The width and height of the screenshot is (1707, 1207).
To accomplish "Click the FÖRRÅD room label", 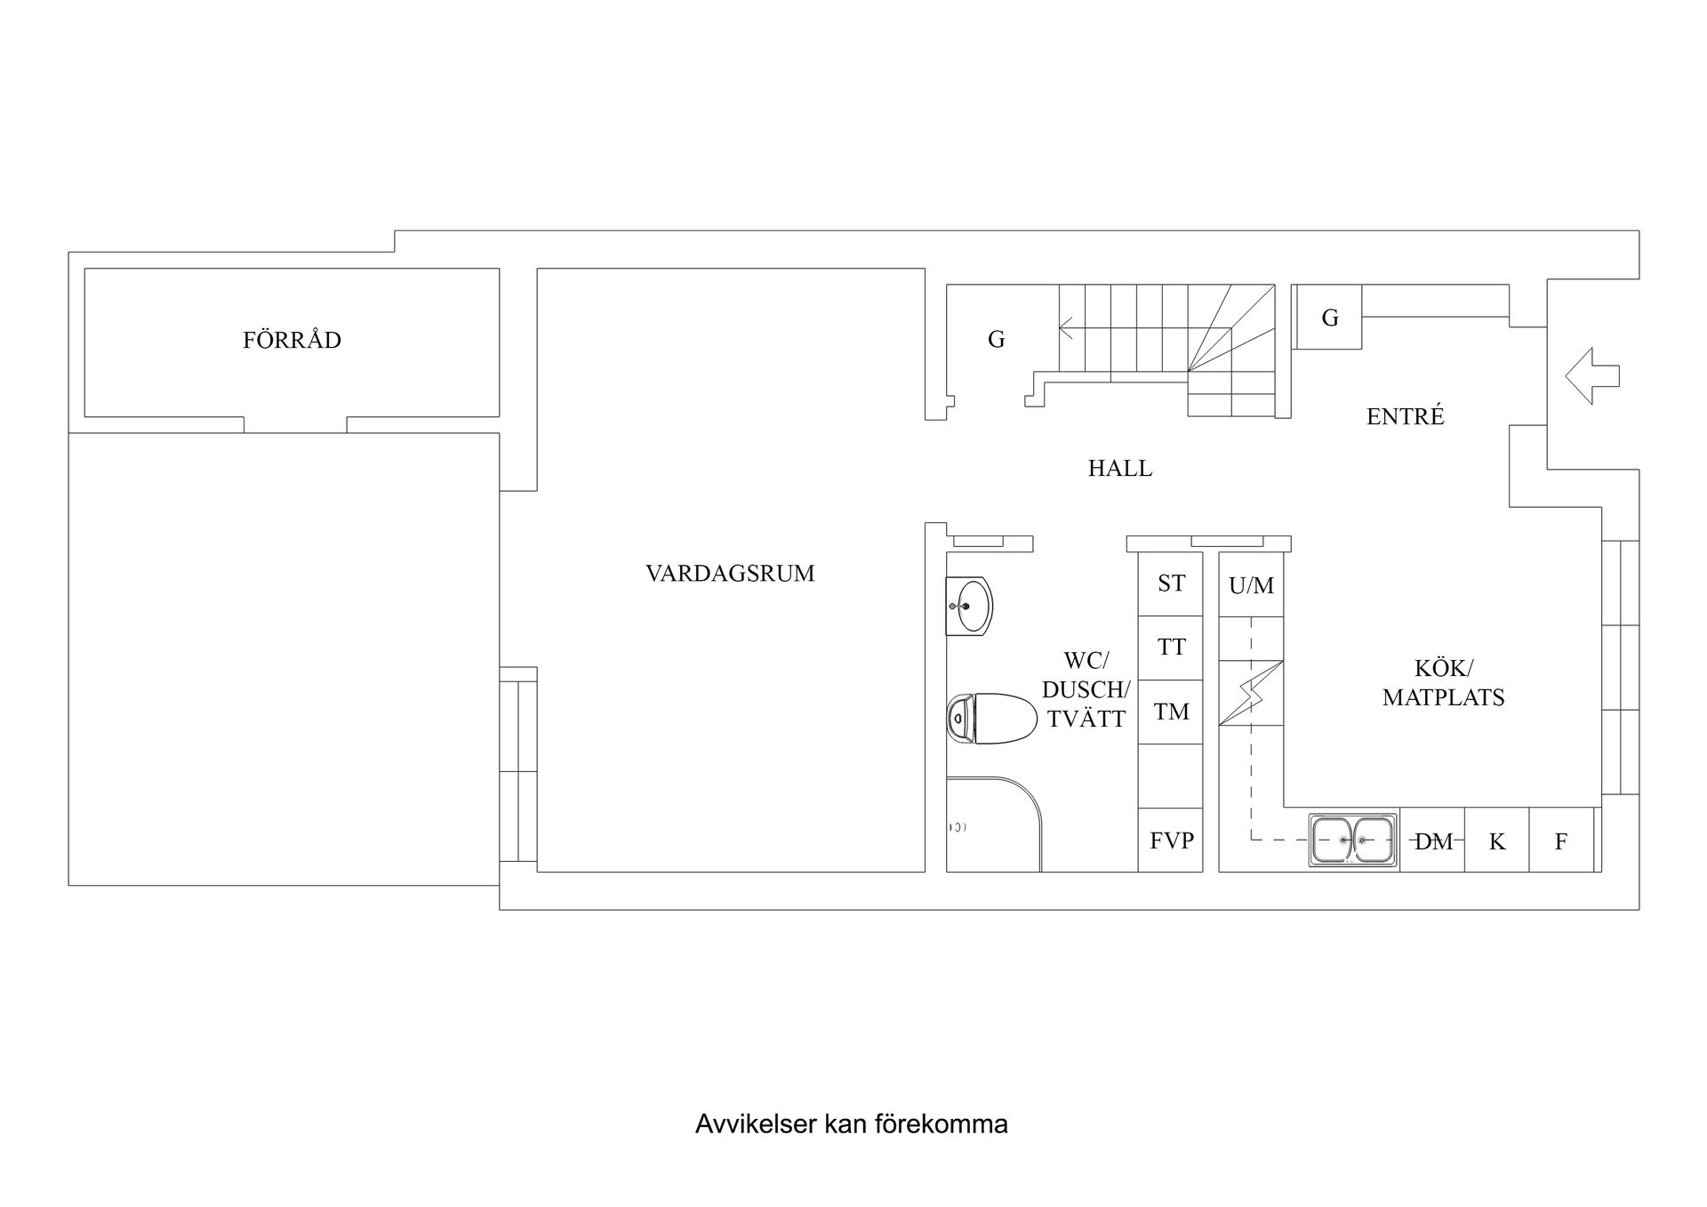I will click(292, 341).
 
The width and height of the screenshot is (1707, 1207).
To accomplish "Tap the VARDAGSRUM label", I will click(730, 574).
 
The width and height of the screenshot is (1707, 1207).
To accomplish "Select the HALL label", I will click(1119, 469).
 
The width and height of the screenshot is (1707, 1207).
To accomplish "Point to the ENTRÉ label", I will click(1405, 416).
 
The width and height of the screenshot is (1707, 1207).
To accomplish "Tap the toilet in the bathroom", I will click(991, 719).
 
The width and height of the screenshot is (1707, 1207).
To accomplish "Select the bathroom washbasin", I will click(969, 607).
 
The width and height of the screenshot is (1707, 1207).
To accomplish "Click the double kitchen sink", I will click(1352, 840).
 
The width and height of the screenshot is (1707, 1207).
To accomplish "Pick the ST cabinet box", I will click(1171, 583).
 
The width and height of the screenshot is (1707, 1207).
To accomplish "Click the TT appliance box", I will click(1171, 648).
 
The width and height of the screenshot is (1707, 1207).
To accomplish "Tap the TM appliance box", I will click(1171, 712).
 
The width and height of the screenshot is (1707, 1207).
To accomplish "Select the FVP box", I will click(1171, 840).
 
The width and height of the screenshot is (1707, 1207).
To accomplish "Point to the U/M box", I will click(1251, 585).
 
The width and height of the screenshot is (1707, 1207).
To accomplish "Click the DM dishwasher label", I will click(1432, 841).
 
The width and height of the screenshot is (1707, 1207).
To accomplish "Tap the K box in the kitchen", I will click(1496, 841).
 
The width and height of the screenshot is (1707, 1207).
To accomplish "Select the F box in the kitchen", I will click(1560, 841).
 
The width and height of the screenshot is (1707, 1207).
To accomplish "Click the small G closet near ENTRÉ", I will click(1329, 318).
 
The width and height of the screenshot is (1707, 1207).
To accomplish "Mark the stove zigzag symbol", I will click(1251, 694).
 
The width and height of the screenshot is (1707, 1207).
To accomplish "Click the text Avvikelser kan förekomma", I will click(851, 1124).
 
